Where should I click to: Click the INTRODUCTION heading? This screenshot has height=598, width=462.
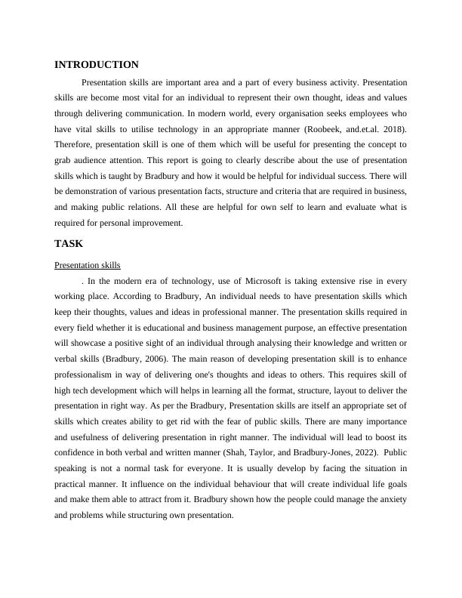[x=97, y=65]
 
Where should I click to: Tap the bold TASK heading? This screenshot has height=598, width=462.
[x=69, y=244]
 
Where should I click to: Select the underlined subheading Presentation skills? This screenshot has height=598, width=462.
[x=88, y=265]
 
